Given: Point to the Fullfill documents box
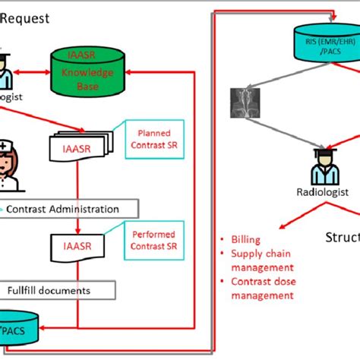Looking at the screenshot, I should click(x=57, y=290).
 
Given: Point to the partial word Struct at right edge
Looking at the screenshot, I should click(x=343, y=236).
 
